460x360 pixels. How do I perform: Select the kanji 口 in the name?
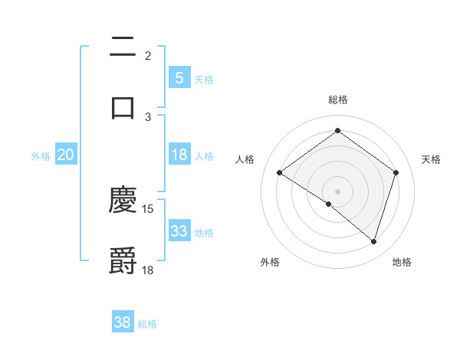click(x=123, y=107)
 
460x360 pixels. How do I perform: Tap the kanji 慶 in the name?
click(x=123, y=201)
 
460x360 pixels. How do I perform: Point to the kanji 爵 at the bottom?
click(x=123, y=261)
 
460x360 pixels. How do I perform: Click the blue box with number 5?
click(x=179, y=78)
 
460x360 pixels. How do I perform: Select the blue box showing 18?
click(x=179, y=155)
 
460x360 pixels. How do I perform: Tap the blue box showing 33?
click(x=179, y=231)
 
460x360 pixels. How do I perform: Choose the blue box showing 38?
click(x=123, y=322)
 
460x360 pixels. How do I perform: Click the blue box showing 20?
click(x=65, y=155)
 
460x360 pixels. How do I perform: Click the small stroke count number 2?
click(x=147, y=56)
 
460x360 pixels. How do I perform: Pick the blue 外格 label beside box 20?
click(x=41, y=156)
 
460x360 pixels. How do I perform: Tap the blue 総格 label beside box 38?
click(x=147, y=324)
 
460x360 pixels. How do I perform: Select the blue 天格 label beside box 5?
click(x=204, y=80)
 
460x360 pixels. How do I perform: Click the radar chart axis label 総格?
click(x=337, y=100)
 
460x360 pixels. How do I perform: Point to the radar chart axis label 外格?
click(x=270, y=262)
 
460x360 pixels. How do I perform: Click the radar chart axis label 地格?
click(x=402, y=262)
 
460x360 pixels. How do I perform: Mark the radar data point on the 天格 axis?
click(x=396, y=173)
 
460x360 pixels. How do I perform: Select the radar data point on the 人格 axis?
click(x=279, y=173)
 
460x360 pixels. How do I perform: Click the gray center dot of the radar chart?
click(x=337, y=191)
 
